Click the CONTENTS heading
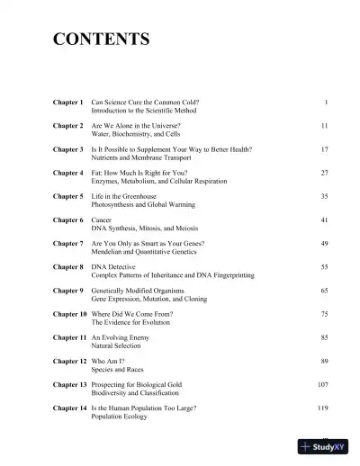pyautogui.click(x=101, y=40)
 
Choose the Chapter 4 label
pyautogui.click(x=68, y=172)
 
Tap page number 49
pyautogui.click(x=324, y=243)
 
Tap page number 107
pyautogui.click(x=322, y=384)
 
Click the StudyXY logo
pyautogui.click(x=328, y=447)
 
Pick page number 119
pyautogui.click(x=322, y=408)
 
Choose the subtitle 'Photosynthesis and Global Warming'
pyautogui.click(x=147, y=205)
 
